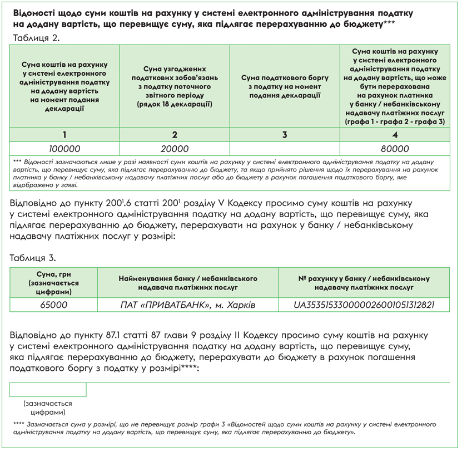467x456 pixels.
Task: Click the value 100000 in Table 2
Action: (65, 149)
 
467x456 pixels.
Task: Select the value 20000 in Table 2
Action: (175, 149)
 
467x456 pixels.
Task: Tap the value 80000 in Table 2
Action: (395, 149)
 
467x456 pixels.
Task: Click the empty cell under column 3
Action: (285, 149)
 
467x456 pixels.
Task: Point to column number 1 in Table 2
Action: (65, 135)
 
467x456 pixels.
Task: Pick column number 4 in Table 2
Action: (395, 135)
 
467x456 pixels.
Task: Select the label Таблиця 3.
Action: (35, 258)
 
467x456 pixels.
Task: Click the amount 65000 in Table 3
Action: (54, 305)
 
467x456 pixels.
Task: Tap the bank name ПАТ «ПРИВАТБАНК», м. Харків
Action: (188, 305)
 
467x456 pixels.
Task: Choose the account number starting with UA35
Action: (364, 305)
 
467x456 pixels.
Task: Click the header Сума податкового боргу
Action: (285, 87)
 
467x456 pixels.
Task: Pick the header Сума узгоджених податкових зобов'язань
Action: (175, 86)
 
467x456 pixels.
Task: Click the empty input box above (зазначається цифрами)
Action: (48, 389)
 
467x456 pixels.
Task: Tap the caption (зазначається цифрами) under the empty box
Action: (48, 408)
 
